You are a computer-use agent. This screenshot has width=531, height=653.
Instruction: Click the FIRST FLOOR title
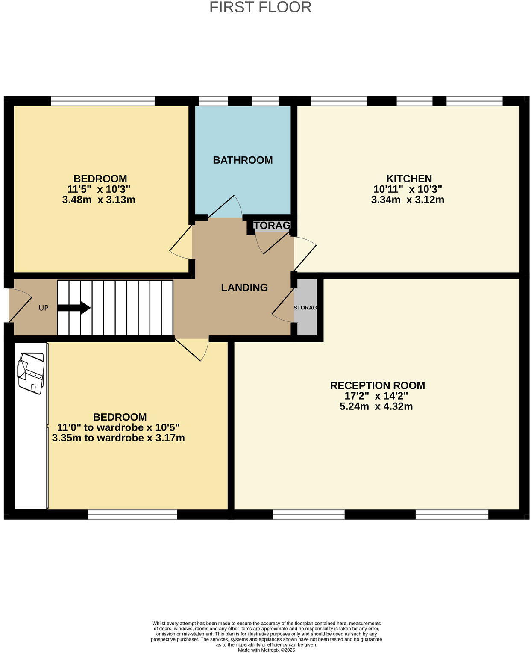[260, 7]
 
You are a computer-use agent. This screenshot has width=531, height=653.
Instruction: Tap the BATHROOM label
[243, 160]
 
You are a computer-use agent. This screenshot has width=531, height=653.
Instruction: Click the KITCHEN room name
[409, 179]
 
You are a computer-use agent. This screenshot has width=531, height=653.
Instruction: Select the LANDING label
[244, 288]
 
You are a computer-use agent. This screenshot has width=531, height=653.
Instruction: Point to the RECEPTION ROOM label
[377, 385]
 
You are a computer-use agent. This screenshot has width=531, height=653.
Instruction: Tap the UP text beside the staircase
[44, 308]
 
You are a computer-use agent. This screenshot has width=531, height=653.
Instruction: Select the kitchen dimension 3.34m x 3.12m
[408, 200]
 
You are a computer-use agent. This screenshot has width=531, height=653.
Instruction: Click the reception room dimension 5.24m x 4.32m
[376, 406]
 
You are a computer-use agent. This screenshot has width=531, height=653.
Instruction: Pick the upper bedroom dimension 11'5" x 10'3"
[99, 189]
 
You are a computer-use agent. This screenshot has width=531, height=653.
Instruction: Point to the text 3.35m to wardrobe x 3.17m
[118, 438]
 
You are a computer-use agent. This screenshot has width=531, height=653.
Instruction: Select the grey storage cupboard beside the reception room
[306, 307]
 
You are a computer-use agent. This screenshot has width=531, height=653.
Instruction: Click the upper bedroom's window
[103, 101]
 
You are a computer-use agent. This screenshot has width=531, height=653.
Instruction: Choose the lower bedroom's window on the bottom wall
[132, 515]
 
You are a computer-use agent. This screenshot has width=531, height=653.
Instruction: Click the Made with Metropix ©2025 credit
[266, 650]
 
